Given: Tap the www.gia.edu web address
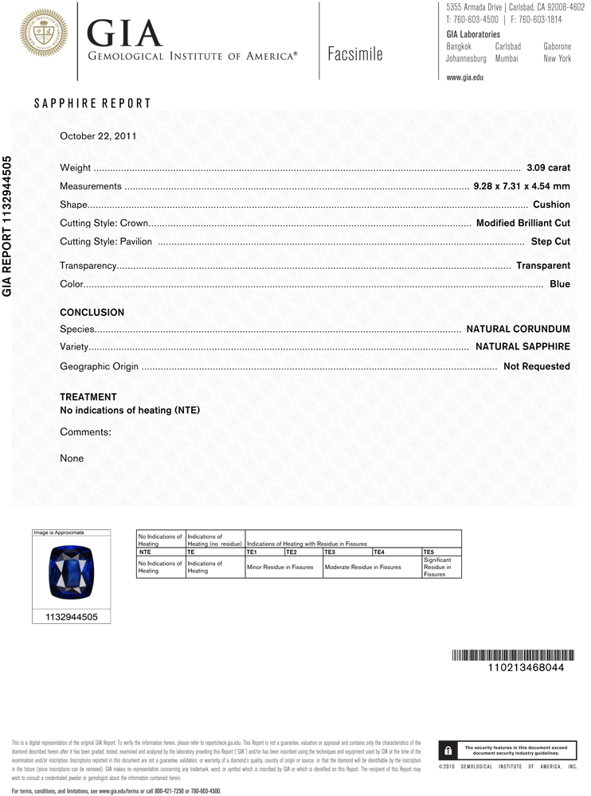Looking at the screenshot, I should pos(465,77).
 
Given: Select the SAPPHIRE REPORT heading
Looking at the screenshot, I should pos(92,103).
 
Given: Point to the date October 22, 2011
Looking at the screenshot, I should pos(98,135).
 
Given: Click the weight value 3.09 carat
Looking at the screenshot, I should pos(548,168).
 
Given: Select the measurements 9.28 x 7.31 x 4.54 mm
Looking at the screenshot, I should pos(522,186).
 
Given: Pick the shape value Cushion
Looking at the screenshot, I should pos(551,205).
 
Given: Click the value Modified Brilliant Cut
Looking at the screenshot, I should pos(523,223).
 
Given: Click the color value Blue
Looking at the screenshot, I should pos(560,284).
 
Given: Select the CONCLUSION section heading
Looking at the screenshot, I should pos(92,313).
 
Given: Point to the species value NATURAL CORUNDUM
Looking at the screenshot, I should pos(518,329).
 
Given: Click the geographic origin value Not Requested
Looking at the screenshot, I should pos(536,366).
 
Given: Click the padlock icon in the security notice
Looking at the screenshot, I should pos(448,751).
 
